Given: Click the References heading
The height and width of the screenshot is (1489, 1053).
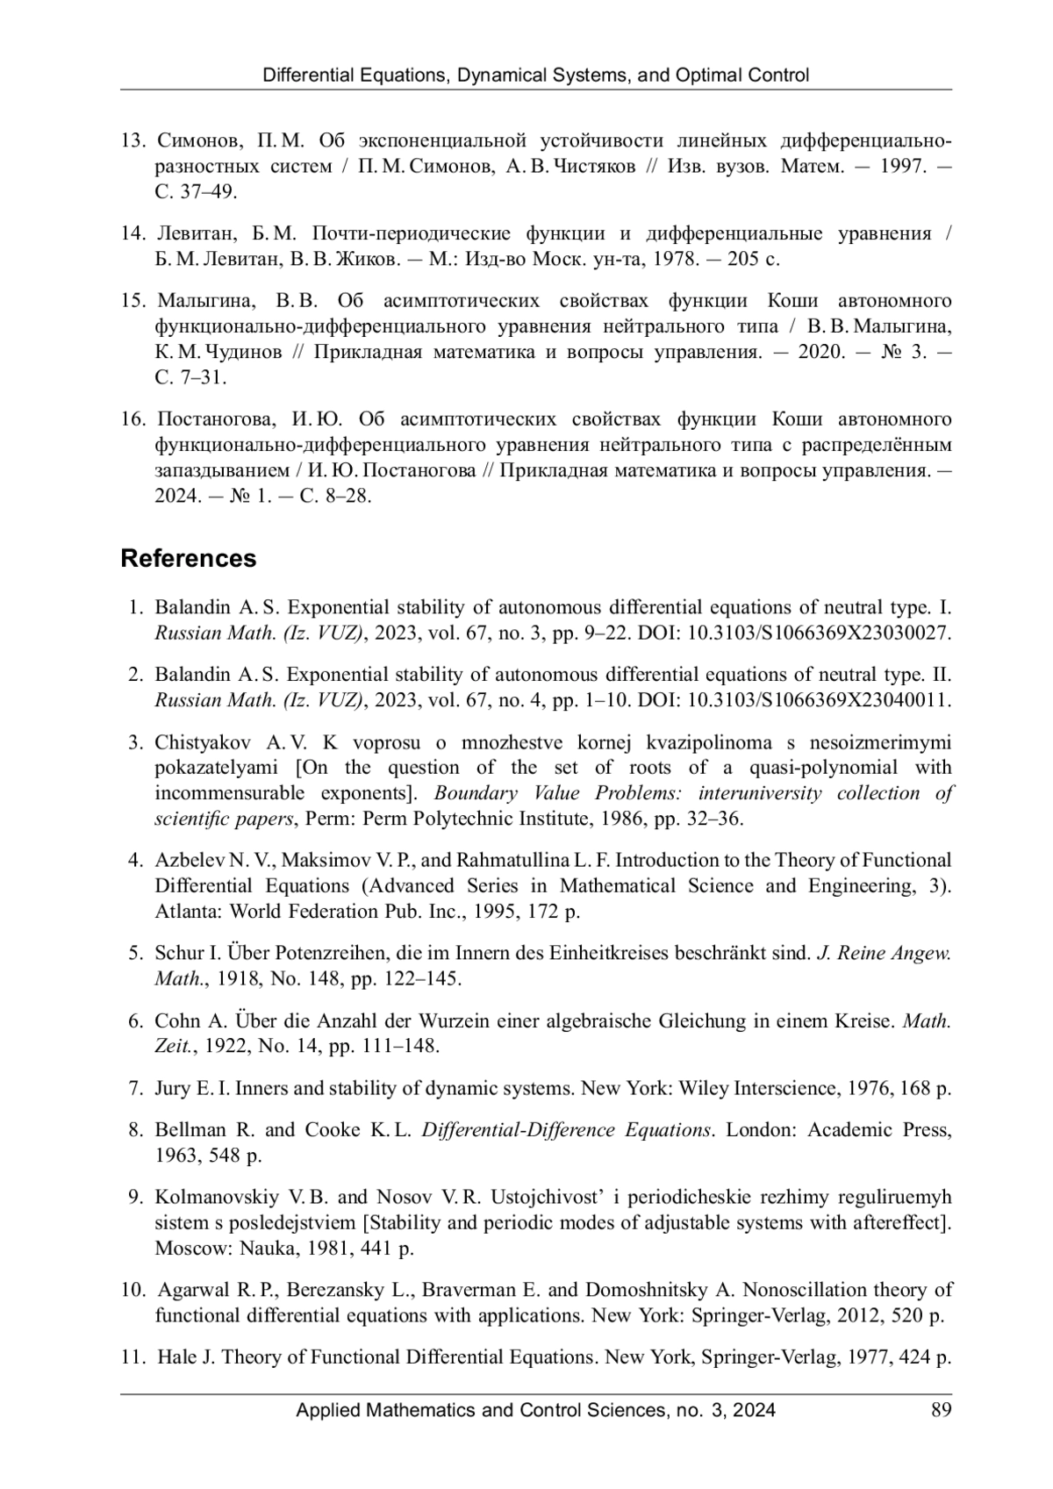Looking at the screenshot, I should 189,559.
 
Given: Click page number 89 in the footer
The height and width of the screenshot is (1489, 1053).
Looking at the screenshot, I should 942,1410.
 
